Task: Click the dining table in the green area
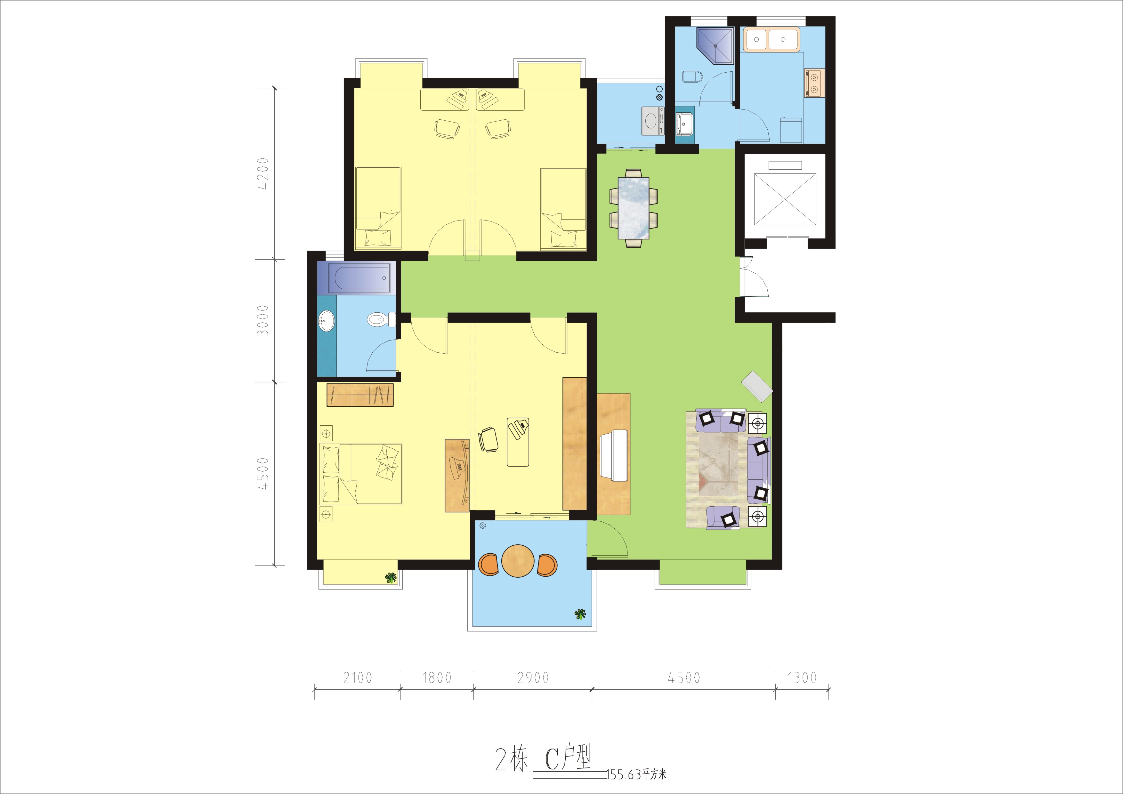[634, 208]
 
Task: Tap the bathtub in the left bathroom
[359, 278]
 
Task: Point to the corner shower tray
[715, 46]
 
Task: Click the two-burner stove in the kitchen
[814, 83]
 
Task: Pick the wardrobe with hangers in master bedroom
[360, 395]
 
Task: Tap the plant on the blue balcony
[580, 614]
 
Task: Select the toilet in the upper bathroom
[692, 77]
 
